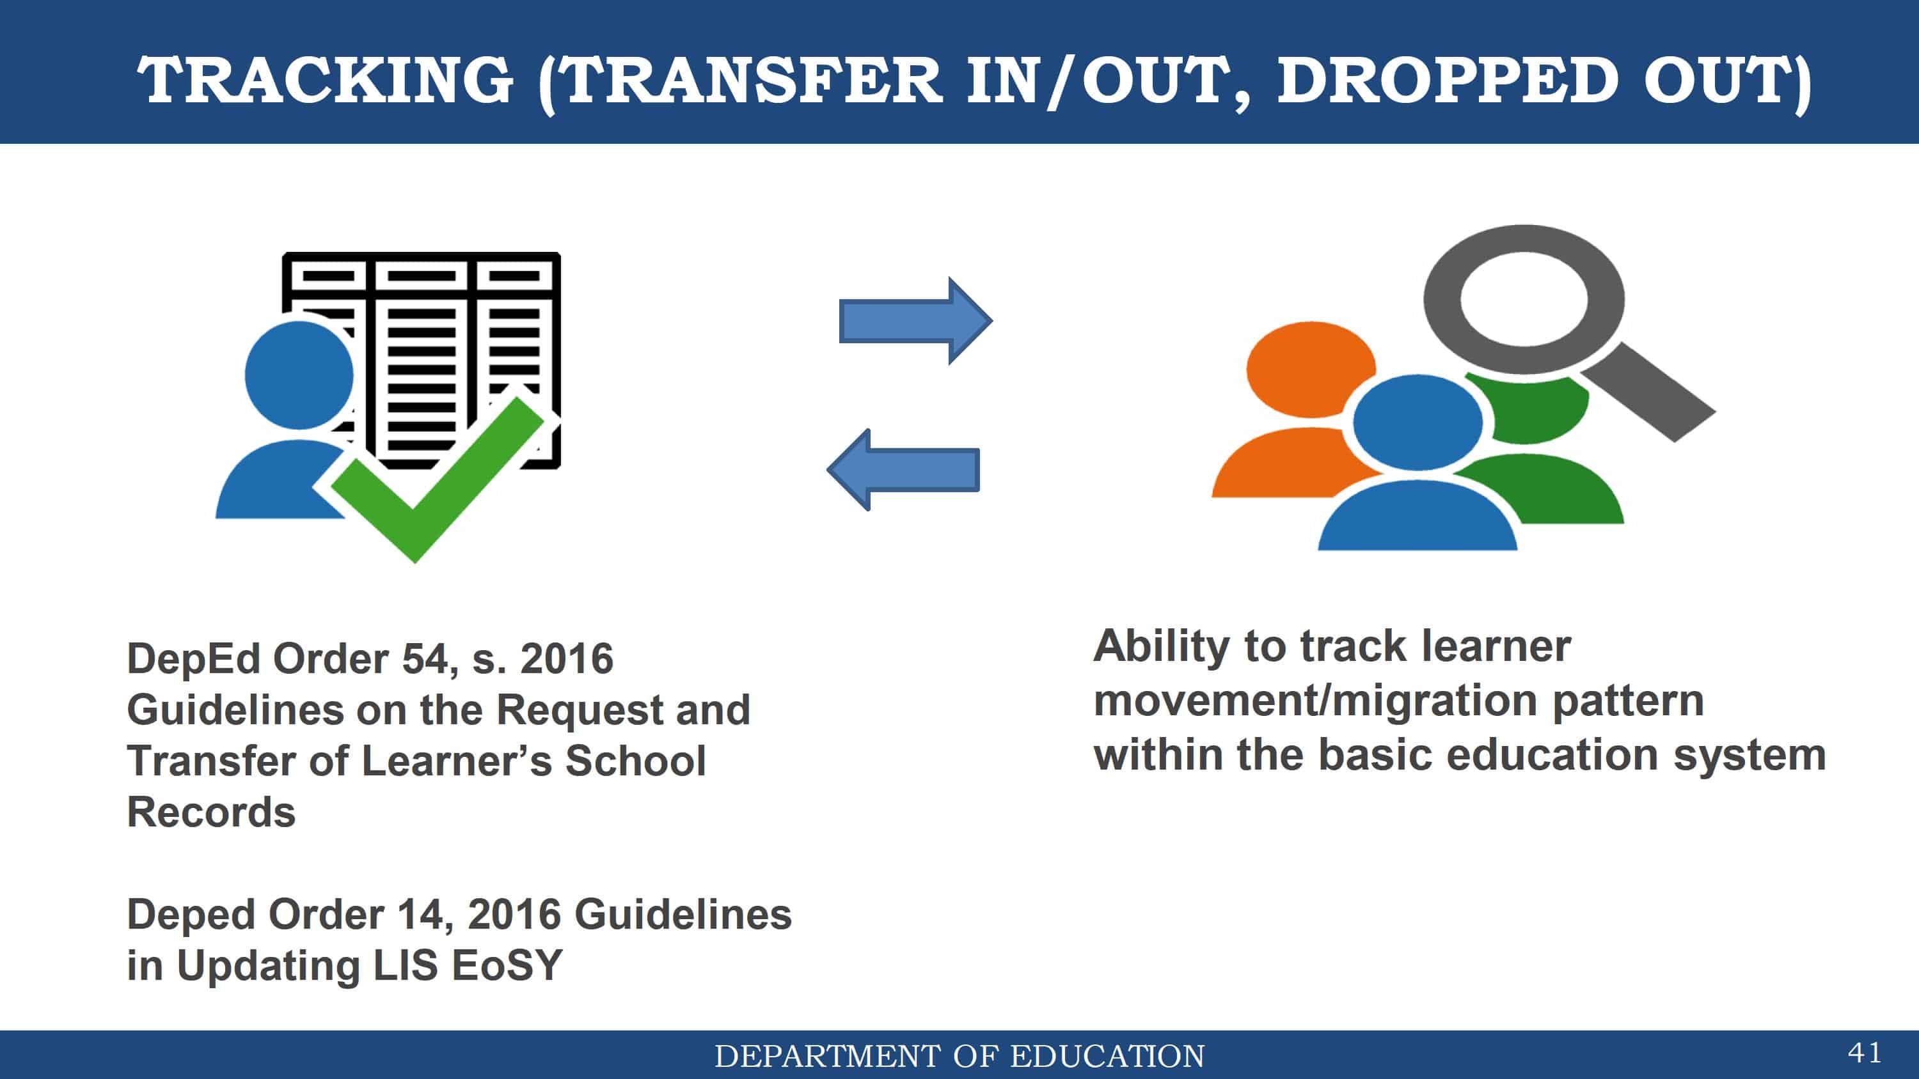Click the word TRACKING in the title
coord(326,80)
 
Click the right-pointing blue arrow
coord(915,321)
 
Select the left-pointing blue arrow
coord(903,469)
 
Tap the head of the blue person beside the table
coord(299,375)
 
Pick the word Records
coord(212,812)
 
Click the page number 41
coord(1865,1053)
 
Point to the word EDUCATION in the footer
coord(1107,1057)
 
